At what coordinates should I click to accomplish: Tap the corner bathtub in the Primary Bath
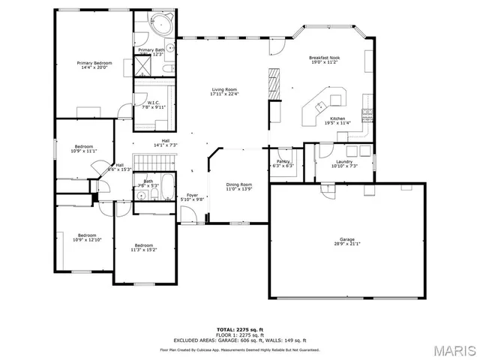163,24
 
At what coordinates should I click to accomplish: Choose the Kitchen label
337,121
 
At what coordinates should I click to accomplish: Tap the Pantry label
283,163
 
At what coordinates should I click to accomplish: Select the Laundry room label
344,163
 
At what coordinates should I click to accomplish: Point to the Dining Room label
239,186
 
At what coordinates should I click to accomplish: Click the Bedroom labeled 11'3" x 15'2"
145,247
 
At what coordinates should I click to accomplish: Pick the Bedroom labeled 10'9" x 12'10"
86,238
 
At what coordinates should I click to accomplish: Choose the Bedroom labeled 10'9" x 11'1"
83,148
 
